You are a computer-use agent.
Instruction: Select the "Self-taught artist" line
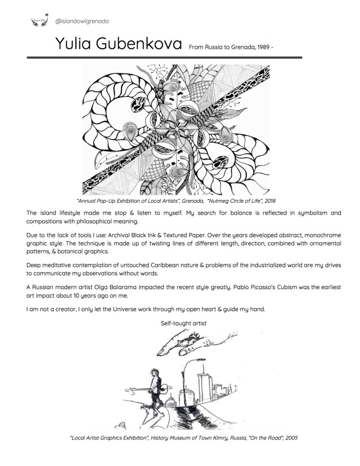(x=184, y=323)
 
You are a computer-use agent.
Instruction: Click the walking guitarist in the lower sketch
(x=156, y=384)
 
